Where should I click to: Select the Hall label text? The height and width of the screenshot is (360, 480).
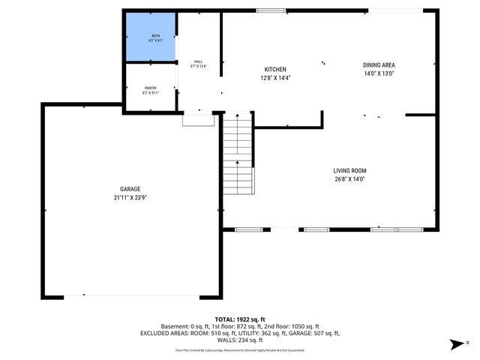click(198, 61)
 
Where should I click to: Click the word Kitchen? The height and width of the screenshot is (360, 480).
click(275, 69)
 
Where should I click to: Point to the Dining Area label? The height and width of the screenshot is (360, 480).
click(379, 65)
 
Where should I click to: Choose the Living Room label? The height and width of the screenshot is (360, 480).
click(350, 170)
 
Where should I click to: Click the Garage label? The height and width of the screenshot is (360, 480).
click(130, 189)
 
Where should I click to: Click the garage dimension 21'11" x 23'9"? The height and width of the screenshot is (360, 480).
click(130, 198)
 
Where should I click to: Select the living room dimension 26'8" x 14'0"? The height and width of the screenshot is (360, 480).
click(350, 179)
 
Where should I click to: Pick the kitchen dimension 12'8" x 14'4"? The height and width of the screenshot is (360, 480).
click(275, 77)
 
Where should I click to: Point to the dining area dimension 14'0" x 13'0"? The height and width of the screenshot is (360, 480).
click(379, 74)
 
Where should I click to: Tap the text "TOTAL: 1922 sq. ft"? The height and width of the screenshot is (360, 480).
click(239, 319)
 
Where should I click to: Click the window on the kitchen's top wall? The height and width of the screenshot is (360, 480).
click(266, 10)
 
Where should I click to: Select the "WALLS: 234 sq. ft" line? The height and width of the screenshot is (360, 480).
click(239, 340)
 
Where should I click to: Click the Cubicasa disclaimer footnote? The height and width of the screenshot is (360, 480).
click(239, 349)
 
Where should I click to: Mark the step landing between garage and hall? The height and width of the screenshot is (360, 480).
click(199, 120)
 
